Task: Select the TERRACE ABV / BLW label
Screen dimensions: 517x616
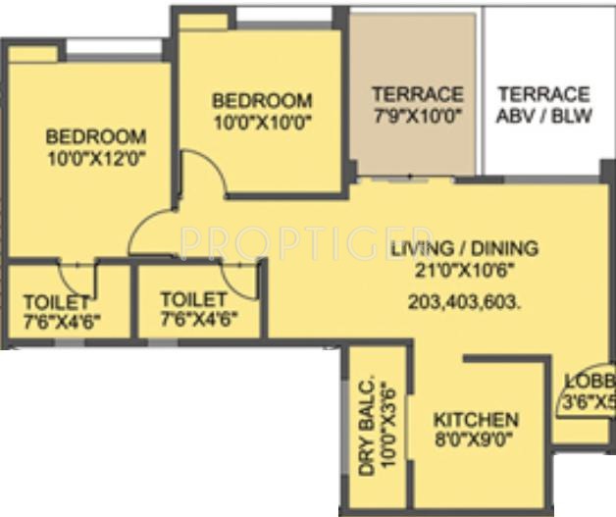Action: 543,104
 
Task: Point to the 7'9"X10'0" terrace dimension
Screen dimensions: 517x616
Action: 417,114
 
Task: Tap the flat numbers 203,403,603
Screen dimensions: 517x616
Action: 465,303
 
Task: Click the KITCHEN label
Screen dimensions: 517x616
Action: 476,420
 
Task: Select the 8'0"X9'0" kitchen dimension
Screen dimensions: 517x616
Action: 476,439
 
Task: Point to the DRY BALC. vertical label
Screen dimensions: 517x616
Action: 366,428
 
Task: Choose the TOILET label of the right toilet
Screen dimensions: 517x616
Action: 193,298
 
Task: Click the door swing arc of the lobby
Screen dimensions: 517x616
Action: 573,402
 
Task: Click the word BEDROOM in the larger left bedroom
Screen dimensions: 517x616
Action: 96,137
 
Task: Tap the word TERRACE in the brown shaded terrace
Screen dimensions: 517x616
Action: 417,94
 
